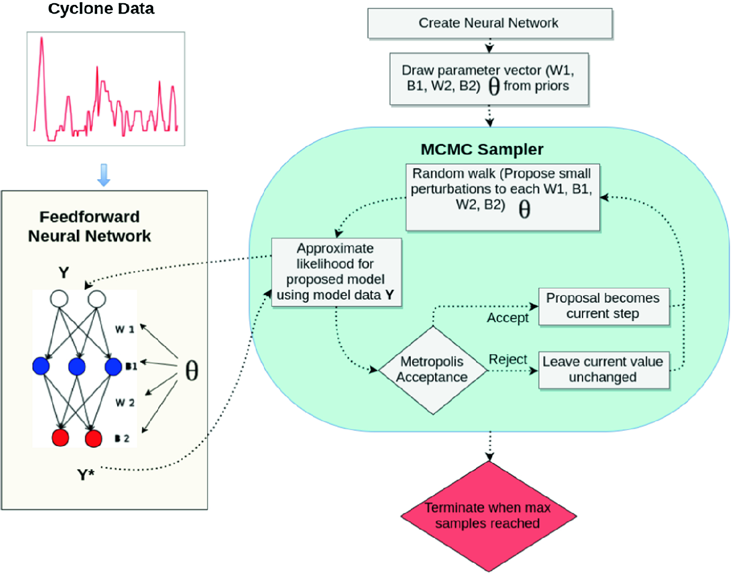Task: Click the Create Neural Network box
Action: click(x=490, y=23)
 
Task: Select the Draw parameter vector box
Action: click(x=489, y=79)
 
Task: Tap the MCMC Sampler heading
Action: click(x=481, y=150)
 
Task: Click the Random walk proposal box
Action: click(x=502, y=197)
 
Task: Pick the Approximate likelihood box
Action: click(x=336, y=272)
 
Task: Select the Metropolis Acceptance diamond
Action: click(x=432, y=370)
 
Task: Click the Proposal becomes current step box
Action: click(x=603, y=306)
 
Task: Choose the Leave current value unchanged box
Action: click(x=603, y=370)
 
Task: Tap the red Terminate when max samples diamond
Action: click(x=488, y=516)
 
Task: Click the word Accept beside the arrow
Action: click(x=507, y=318)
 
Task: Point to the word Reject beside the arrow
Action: click(x=507, y=360)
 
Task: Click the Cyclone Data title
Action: click(x=101, y=9)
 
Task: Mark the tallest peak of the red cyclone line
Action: click(x=42, y=39)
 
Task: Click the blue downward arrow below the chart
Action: click(x=104, y=175)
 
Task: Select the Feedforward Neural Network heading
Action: click(x=90, y=226)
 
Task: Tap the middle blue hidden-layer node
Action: click(x=77, y=367)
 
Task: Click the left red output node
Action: click(x=60, y=437)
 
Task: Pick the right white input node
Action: click(x=97, y=299)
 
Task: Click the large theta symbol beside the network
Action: click(x=192, y=371)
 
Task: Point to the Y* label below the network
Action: click(x=85, y=475)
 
